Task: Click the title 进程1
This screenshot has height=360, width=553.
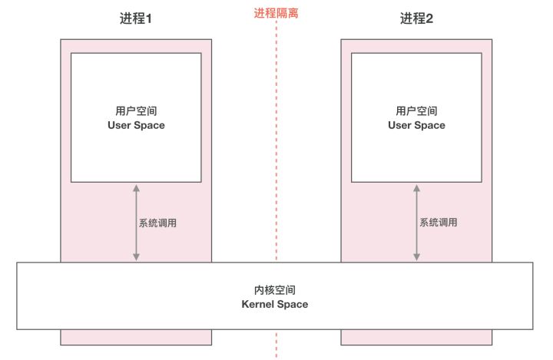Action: [x=136, y=18]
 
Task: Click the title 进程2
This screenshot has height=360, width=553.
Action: [x=416, y=18]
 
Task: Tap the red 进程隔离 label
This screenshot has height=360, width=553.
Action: [x=276, y=13]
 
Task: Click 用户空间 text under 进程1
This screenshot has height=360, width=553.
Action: [x=136, y=111]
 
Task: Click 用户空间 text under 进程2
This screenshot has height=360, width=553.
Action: [x=416, y=111]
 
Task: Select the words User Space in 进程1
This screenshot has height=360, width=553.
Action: [x=136, y=125]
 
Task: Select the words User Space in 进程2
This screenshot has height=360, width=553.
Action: [x=416, y=125]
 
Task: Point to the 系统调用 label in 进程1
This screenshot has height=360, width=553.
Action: [x=157, y=223]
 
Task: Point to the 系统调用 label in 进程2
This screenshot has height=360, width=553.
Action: [x=439, y=222]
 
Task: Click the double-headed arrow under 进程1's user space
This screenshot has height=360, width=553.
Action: [x=136, y=223]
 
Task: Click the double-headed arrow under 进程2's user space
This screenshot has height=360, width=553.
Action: [x=416, y=223]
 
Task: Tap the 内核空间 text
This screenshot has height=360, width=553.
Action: [x=275, y=290]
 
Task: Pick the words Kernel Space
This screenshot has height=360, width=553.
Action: [x=275, y=304]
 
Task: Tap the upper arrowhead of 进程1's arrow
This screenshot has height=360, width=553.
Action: [x=136, y=188]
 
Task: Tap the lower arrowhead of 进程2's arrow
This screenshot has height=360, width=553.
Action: [x=416, y=257]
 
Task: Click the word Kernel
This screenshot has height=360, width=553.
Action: [x=257, y=304]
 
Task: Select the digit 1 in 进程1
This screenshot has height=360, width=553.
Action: [x=149, y=18]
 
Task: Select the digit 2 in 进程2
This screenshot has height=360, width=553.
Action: [x=429, y=18]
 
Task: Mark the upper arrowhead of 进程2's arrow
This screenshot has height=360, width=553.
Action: [x=416, y=188]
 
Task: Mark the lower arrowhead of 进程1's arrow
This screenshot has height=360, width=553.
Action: [x=136, y=257]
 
